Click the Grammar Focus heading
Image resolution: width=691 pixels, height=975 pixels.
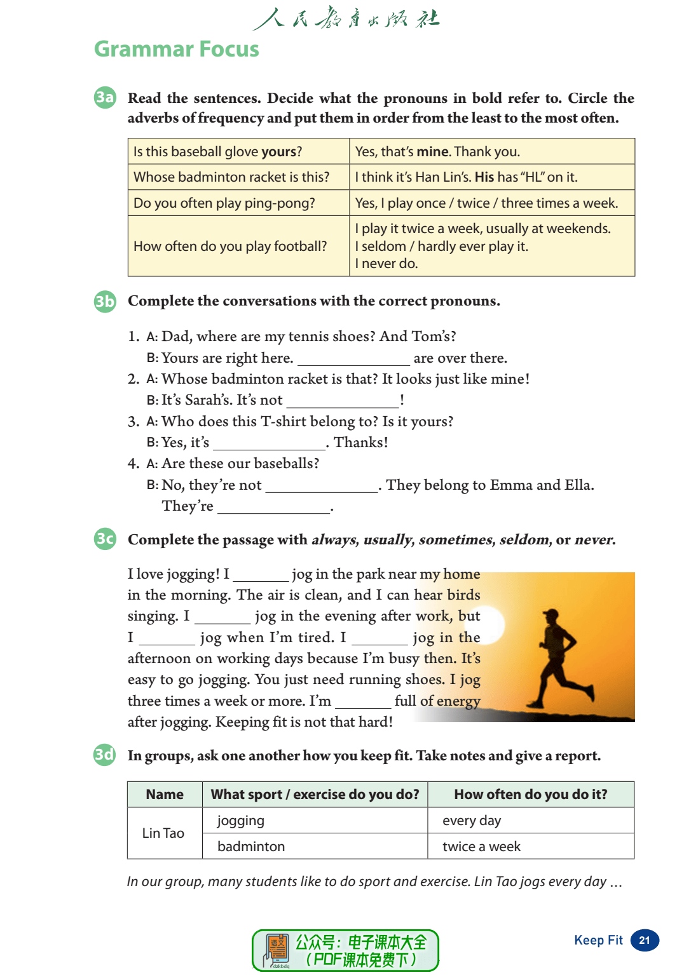(x=177, y=49)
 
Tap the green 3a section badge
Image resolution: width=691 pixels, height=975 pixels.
(x=105, y=97)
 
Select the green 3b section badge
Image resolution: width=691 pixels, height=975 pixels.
(x=105, y=300)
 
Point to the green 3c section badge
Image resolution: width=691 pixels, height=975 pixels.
(x=105, y=539)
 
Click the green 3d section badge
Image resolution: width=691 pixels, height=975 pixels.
(x=105, y=755)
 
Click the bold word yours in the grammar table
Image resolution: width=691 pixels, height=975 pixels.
(x=279, y=152)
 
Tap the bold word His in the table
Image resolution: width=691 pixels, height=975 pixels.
(x=484, y=177)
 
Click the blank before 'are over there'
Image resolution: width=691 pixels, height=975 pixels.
(x=353, y=360)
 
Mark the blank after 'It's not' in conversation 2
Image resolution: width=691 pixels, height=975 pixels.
(x=343, y=401)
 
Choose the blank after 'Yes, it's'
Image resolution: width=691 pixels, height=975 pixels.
(x=269, y=444)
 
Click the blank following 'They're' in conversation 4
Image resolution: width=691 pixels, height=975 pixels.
(x=273, y=508)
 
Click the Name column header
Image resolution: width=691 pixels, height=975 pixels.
(x=165, y=795)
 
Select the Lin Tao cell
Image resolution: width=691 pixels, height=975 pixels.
(x=164, y=833)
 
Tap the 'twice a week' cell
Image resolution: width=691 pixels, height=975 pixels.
(x=482, y=847)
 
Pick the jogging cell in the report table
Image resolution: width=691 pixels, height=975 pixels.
(x=241, y=821)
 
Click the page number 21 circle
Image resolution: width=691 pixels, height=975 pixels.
(x=645, y=941)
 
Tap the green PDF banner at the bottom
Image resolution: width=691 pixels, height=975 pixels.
(x=345, y=950)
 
